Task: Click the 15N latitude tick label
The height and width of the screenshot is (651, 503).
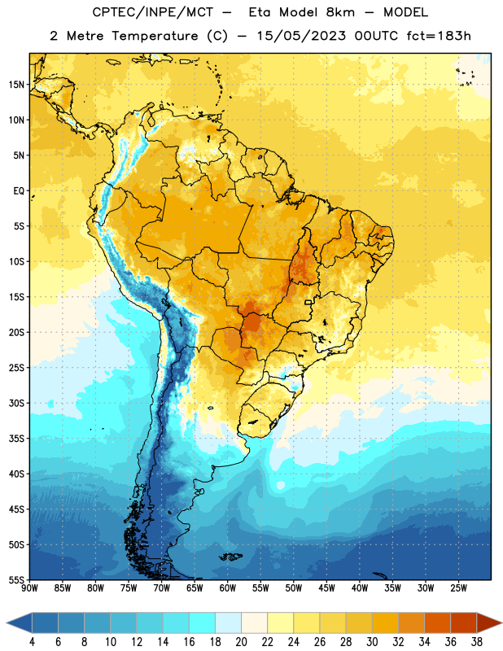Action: (15, 85)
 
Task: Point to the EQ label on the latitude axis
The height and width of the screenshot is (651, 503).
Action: (19, 191)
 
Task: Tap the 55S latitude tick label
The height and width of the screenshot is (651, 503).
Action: (15, 579)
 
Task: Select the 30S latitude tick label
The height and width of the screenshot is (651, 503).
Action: (15, 403)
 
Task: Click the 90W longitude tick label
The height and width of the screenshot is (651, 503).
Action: (29, 588)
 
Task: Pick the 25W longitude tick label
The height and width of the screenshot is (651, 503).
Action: (458, 588)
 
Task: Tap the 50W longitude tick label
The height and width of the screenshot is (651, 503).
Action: (294, 588)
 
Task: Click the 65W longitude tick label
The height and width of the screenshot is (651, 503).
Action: (195, 588)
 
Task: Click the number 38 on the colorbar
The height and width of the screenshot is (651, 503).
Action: (477, 642)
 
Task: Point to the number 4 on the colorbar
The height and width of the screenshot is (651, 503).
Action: (32, 642)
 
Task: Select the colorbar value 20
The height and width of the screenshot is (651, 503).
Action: (241, 642)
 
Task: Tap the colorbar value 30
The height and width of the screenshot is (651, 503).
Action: (372, 642)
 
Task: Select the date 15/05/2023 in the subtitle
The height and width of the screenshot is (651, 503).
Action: (301, 36)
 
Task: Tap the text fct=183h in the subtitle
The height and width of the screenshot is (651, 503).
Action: (439, 36)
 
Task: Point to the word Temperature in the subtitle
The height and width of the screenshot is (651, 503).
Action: (155, 36)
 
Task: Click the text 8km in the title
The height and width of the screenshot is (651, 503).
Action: (340, 12)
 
